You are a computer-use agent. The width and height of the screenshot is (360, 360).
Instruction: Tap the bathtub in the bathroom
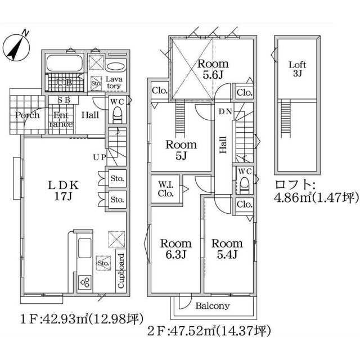[x=65, y=63]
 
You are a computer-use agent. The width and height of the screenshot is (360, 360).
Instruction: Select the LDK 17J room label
[x=63, y=191]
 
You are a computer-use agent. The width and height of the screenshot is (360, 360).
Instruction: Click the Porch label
[x=28, y=115]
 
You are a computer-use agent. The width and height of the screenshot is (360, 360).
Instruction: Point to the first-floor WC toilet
[x=118, y=115]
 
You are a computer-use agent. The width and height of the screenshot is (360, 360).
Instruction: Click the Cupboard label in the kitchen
[x=121, y=271]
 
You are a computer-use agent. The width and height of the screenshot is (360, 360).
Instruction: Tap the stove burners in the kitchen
[x=85, y=282]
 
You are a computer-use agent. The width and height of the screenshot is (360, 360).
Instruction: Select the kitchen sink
[x=85, y=248]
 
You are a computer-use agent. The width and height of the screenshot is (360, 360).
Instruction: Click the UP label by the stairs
[x=100, y=157]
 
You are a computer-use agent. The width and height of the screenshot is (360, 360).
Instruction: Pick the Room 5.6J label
[x=213, y=69]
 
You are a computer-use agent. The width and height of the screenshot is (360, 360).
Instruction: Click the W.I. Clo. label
[x=166, y=189]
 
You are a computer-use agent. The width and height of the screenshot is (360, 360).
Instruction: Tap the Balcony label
[x=213, y=306]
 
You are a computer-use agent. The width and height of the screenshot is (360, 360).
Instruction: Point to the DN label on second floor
[x=225, y=111]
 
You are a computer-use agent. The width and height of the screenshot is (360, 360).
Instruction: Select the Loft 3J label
[x=298, y=69]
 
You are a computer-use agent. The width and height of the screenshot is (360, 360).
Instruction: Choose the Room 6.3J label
[x=176, y=249]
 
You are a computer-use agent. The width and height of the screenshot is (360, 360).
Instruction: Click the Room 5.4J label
[x=227, y=249]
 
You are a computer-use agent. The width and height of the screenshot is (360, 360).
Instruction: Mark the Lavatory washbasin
[x=116, y=66]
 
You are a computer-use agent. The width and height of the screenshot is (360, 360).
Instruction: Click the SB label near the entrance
[x=64, y=100]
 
